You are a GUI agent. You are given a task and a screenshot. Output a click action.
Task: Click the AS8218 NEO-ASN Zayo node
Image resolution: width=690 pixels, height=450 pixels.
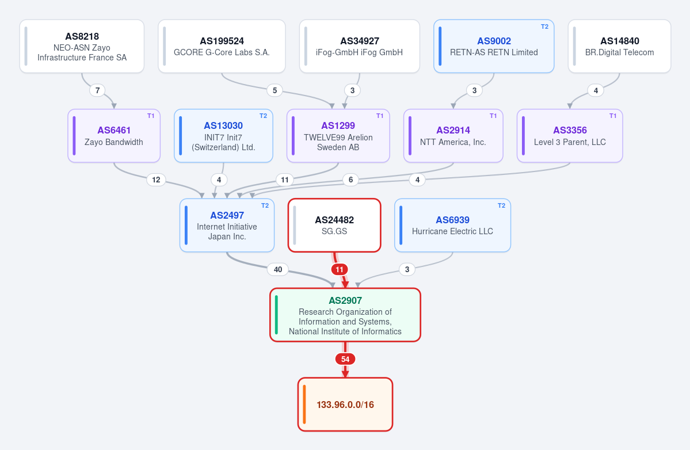[82, 46]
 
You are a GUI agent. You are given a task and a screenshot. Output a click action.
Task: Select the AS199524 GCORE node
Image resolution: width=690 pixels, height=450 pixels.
[222, 46]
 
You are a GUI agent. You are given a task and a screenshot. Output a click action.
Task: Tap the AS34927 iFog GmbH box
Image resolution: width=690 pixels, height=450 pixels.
[360, 46]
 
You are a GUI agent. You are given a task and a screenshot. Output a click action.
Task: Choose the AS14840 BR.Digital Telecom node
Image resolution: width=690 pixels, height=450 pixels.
[620, 46]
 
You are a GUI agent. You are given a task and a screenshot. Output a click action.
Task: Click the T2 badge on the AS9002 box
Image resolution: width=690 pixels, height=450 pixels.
[545, 26]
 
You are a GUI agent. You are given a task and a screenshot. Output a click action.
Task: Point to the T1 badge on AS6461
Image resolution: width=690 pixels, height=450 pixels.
[151, 116]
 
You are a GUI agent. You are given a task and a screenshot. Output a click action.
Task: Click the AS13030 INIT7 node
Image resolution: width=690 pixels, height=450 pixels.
[223, 135]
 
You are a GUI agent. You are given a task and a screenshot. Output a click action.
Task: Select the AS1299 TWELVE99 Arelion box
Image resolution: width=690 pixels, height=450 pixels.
[338, 135]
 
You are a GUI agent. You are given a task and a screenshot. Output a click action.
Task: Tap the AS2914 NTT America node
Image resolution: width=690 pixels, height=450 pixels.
[453, 135]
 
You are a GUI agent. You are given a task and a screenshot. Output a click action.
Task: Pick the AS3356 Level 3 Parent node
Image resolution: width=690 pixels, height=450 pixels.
[570, 135]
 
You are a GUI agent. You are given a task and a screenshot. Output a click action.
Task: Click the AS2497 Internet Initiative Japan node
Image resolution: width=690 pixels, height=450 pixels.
[227, 225]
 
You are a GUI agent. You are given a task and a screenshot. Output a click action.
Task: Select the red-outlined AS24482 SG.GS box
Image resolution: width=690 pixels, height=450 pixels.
[334, 225]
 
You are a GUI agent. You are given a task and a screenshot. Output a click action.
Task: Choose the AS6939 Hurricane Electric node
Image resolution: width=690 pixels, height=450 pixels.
[452, 225]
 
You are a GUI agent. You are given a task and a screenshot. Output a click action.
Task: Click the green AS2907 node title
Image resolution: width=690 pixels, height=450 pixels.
[345, 300]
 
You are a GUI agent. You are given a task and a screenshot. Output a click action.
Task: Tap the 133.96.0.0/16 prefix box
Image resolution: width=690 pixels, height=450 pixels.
[345, 405]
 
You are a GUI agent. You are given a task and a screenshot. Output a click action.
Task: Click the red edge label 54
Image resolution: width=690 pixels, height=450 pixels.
[345, 359]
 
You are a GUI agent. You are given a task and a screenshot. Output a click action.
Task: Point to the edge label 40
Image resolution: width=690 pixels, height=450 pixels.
[278, 269]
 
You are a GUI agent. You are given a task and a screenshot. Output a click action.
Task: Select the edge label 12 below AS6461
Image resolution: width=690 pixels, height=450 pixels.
[156, 180]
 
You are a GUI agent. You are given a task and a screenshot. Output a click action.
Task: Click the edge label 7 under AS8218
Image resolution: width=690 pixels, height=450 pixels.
[98, 90]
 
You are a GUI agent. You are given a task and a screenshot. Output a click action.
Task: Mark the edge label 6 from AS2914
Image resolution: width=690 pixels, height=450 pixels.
[350, 180]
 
